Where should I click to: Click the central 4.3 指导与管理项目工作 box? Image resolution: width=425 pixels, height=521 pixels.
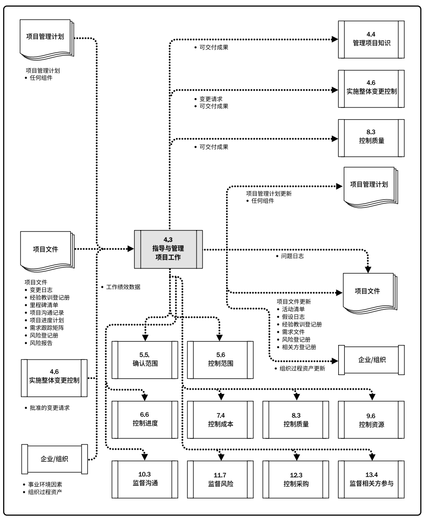168,249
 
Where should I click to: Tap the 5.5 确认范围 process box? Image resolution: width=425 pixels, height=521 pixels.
144,359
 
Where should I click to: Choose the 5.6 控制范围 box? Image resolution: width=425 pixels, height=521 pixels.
220,359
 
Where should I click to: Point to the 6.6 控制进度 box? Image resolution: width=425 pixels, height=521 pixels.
144,419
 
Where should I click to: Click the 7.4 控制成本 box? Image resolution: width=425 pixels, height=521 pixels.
220,419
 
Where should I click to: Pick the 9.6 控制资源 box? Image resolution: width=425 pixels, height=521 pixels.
371,419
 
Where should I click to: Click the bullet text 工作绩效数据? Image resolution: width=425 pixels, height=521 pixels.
123,287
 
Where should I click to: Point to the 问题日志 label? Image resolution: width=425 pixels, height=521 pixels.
292,256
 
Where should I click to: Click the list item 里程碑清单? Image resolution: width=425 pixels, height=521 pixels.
46,305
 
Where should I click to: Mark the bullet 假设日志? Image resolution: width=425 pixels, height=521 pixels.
295,317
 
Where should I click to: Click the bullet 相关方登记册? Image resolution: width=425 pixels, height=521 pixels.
301,347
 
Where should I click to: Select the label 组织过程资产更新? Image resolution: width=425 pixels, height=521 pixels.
302,368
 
